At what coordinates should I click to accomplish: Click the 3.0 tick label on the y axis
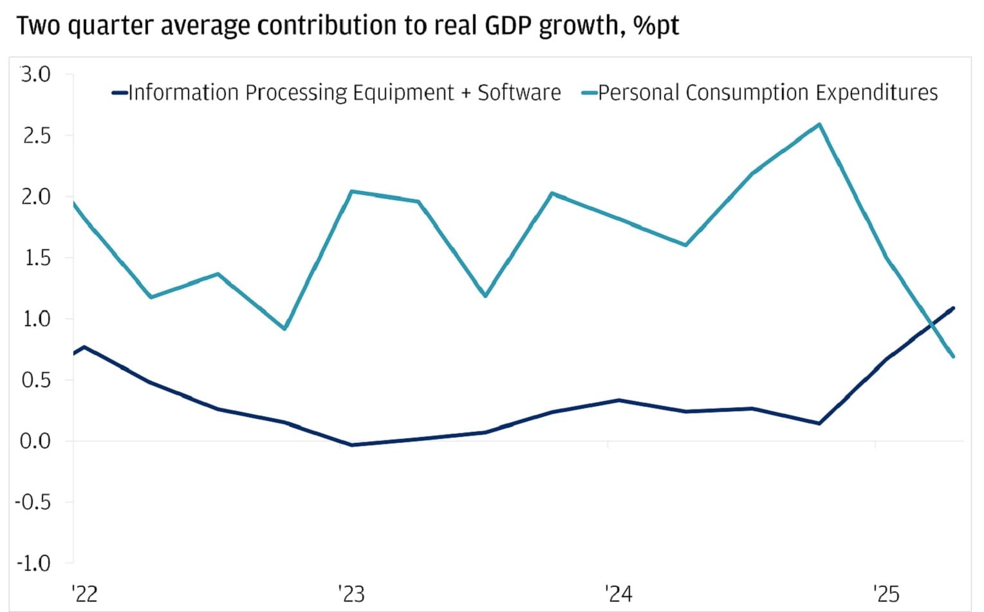point(35,75)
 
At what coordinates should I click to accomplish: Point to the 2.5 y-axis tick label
point(35,136)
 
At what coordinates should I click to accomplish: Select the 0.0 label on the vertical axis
point(35,441)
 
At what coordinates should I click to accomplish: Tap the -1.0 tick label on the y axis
point(33,564)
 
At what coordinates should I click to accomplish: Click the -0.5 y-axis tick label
point(33,502)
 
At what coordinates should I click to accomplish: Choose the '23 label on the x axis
point(351,593)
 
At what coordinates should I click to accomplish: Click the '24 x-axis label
point(618,593)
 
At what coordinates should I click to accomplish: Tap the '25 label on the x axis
point(886,593)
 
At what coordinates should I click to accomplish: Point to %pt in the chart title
point(656,26)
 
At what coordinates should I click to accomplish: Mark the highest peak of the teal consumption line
point(819,124)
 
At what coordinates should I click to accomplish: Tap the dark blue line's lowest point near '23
point(351,445)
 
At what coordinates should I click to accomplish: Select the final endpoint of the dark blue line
point(953,308)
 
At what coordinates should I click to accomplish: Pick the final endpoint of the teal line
point(953,357)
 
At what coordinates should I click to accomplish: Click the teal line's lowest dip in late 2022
point(284,329)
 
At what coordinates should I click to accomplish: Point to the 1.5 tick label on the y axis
point(35,258)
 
